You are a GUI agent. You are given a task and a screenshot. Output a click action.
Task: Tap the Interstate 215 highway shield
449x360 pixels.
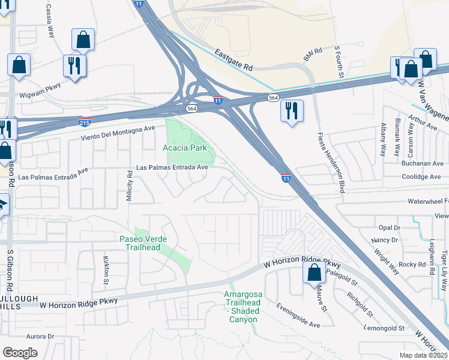(85, 122)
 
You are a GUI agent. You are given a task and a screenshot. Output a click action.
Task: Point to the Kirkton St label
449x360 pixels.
(106, 271)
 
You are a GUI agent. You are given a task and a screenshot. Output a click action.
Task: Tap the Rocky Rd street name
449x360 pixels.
(412, 264)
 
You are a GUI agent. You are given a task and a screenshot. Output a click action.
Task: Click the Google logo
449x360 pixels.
(20, 353)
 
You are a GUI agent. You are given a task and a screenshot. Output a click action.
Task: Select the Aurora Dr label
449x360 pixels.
(40, 337)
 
